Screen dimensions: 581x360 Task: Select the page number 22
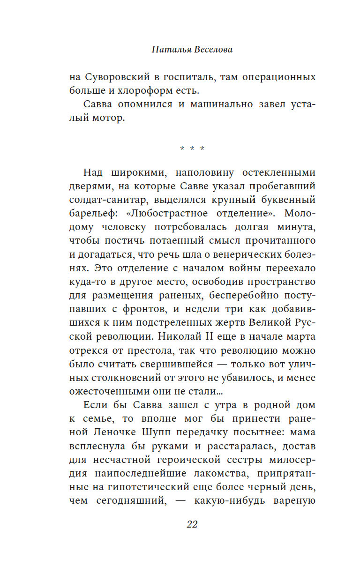[192, 524]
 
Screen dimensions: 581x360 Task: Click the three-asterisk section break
[192, 149]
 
